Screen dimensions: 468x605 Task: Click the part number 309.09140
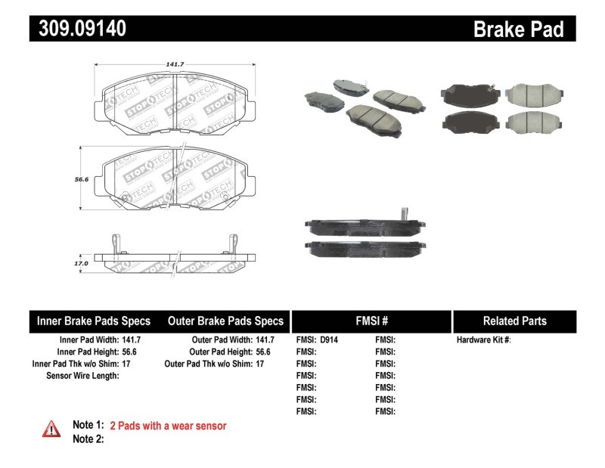(x=79, y=29)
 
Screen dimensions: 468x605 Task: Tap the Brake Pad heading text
(x=519, y=29)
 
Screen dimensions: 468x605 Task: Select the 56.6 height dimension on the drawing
(x=82, y=179)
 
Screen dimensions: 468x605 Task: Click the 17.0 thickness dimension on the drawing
(x=82, y=263)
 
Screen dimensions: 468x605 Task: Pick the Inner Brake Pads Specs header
(x=94, y=321)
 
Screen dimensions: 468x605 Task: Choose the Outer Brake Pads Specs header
(x=225, y=321)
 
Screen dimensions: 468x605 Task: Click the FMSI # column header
(x=371, y=321)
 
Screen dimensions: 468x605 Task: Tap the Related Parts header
(x=514, y=321)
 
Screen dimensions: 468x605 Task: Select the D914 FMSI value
(x=329, y=340)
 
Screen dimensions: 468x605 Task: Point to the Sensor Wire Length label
(x=82, y=376)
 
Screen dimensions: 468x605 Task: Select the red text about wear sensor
(x=168, y=426)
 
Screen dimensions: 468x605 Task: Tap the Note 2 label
(x=88, y=439)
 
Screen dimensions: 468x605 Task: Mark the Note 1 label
(x=88, y=426)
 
